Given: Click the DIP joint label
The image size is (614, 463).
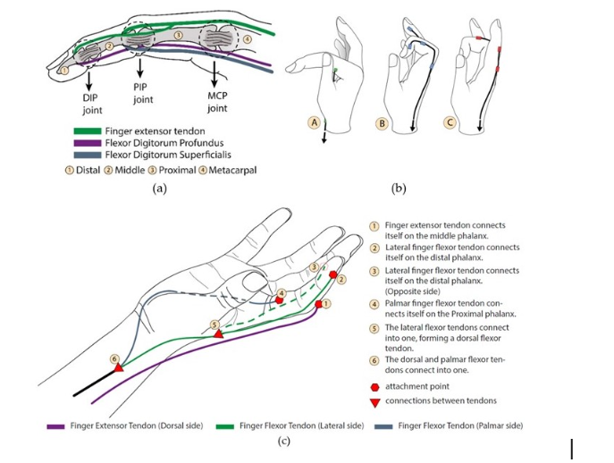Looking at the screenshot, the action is pyautogui.click(x=92, y=104).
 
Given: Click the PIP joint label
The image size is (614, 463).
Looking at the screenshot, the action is pyautogui.click(x=143, y=93).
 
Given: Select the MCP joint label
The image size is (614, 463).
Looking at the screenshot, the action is pyautogui.click(x=217, y=102).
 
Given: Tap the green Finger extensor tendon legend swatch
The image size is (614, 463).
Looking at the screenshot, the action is pyautogui.click(x=88, y=131).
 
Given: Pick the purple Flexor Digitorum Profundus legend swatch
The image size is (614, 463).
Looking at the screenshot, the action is pyautogui.click(x=88, y=143).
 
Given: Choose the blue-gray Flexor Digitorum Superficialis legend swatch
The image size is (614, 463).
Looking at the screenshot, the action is pyautogui.click(x=88, y=155).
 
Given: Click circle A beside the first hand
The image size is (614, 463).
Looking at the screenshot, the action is pyautogui.click(x=314, y=122).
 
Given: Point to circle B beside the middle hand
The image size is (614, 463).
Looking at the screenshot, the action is pyautogui.click(x=381, y=123).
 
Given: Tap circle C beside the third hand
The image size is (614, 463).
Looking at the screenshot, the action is pyautogui.click(x=450, y=122).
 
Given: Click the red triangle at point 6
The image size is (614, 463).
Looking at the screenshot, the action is pyautogui.click(x=119, y=368).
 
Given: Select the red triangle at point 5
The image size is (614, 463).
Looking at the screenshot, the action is pyautogui.click(x=218, y=334).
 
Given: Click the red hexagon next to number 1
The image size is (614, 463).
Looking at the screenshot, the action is pyautogui.click(x=318, y=304).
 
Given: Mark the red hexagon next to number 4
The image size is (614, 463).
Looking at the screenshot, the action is pyautogui.click(x=279, y=300).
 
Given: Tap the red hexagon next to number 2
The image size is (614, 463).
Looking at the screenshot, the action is pyautogui.click(x=332, y=274).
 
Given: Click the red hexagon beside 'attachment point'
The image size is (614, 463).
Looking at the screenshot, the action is pyautogui.click(x=374, y=387).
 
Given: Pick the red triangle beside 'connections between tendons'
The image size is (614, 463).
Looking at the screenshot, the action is pyautogui.click(x=375, y=402).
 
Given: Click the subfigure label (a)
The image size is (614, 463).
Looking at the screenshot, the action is pyautogui.click(x=159, y=189).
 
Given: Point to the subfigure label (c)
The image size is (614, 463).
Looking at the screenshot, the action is pyautogui.click(x=284, y=442).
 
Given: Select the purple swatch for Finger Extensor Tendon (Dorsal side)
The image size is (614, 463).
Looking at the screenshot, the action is pyautogui.click(x=55, y=426).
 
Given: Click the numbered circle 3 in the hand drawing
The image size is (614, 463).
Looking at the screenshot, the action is pyautogui.click(x=314, y=267).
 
